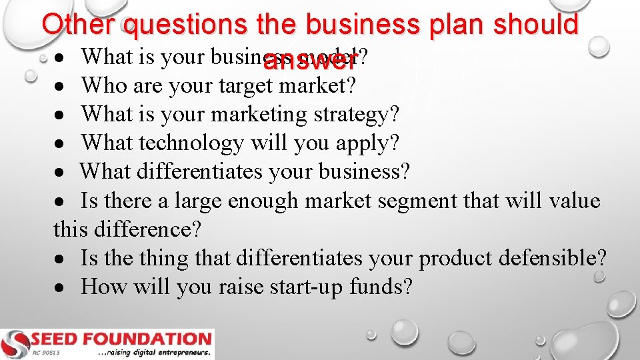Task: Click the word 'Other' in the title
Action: (80, 25)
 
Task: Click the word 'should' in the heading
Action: (537, 25)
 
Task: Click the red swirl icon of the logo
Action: (15, 343)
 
